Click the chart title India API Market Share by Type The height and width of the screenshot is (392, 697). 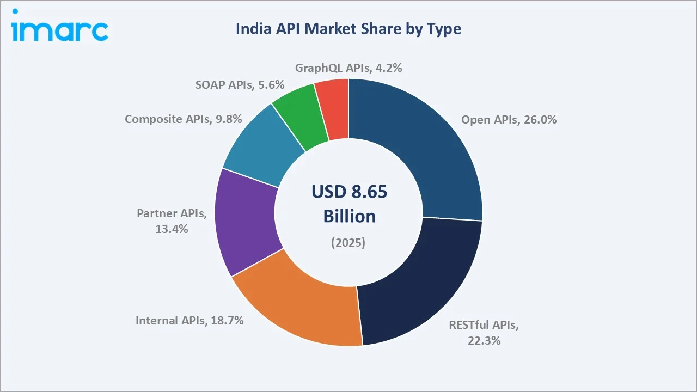[x=348, y=29]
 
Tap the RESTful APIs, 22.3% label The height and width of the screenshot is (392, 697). [x=484, y=333]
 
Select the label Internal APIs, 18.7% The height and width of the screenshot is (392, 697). [x=189, y=321]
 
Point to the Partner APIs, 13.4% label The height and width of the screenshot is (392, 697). [x=172, y=221]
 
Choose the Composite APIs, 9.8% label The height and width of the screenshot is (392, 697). [x=183, y=119]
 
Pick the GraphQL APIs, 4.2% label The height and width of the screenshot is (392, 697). [x=348, y=68]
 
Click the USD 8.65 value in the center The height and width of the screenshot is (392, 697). [x=349, y=192]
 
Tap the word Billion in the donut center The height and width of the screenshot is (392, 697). [x=349, y=216]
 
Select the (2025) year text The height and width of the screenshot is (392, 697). [x=348, y=243]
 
